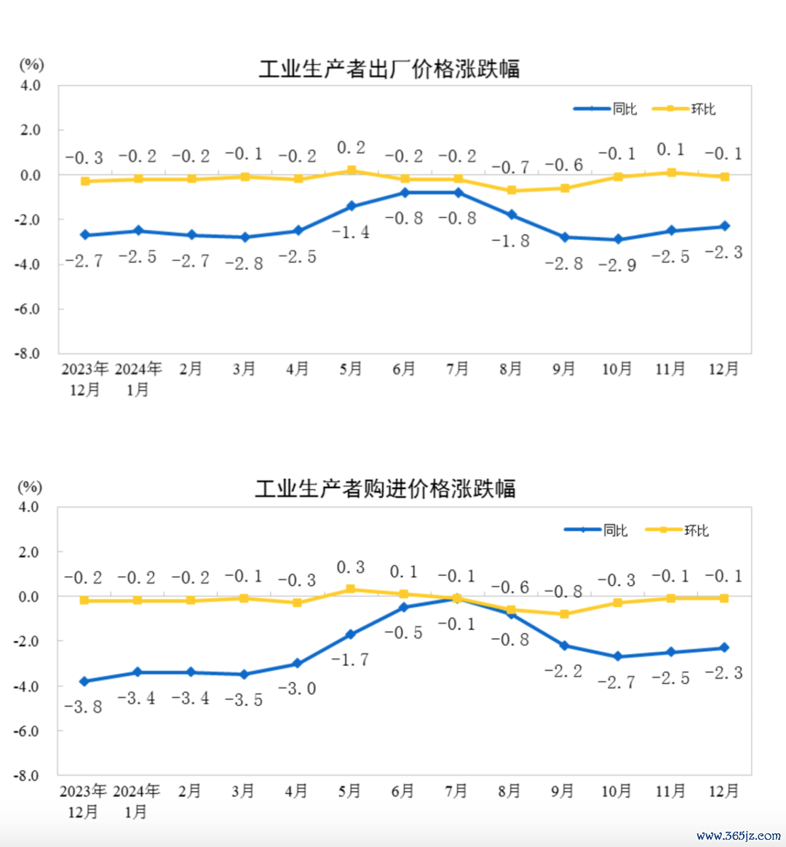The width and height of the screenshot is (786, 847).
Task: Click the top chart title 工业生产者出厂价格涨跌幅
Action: (x=389, y=69)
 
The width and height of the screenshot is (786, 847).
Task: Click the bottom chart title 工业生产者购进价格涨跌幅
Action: (x=385, y=488)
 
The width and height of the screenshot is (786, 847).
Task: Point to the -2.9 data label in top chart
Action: (x=617, y=265)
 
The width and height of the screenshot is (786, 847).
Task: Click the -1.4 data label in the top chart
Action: (x=351, y=232)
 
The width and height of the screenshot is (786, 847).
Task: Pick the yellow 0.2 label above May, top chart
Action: (x=351, y=148)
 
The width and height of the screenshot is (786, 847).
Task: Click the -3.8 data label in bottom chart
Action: (x=83, y=707)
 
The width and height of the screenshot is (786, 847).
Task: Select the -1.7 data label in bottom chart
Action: (x=350, y=660)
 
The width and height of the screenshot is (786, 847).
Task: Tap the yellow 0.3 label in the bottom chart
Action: (x=350, y=568)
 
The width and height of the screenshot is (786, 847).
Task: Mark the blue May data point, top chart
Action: (x=351, y=207)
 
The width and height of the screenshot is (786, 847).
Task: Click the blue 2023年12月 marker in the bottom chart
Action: (x=84, y=682)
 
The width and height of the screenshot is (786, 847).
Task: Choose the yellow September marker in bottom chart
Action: (x=564, y=614)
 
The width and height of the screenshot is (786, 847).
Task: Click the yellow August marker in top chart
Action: (x=511, y=191)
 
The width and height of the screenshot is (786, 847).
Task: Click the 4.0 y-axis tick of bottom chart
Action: (x=28, y=507)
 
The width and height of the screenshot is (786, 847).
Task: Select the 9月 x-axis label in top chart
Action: (x=564, y=370)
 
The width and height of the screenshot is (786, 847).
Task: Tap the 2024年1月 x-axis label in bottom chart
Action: (x=137, y=800)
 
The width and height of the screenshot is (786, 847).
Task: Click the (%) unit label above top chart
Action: (x=31, y=65)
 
